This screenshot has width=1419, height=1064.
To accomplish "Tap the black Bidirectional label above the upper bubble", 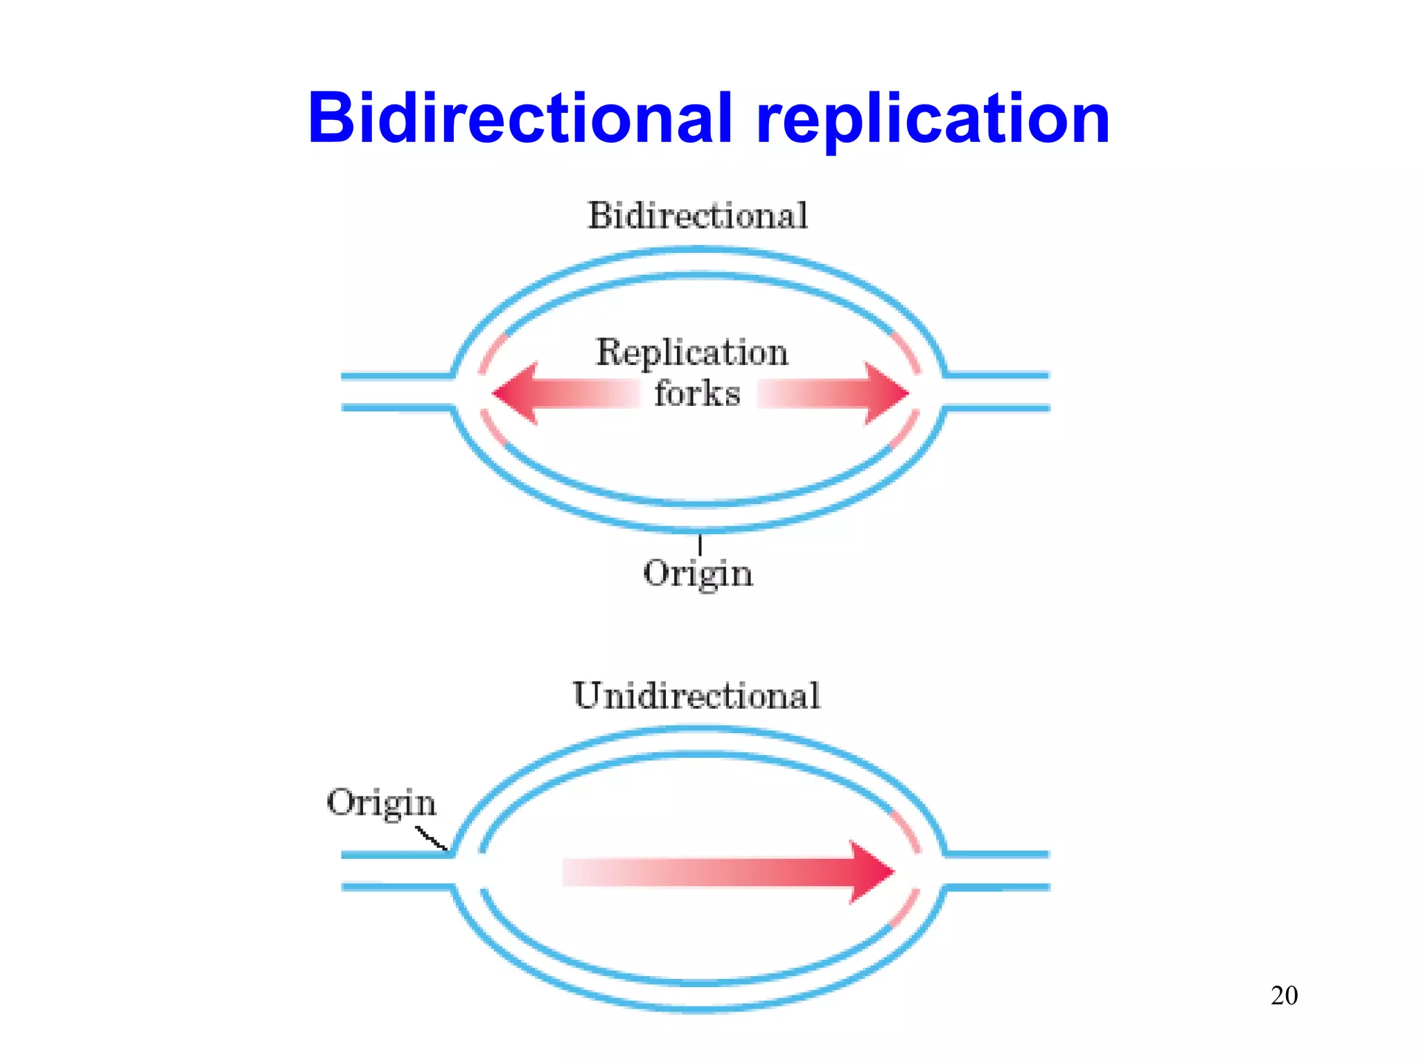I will click(x=698, y=215).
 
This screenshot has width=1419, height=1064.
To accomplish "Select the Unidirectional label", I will click(x=696, y=695).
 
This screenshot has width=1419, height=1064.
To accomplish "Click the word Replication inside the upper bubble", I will click(x=692, y=353).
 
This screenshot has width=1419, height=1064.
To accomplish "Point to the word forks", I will click(x=697, y=393).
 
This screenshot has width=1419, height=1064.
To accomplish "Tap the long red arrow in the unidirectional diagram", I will click(x=728, y=872).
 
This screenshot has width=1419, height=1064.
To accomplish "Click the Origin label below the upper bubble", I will click(x=698, y=574).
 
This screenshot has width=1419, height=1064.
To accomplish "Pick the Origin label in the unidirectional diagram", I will click(x=381, y=804).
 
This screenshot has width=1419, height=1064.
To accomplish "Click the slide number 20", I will click(x=1284, y=995).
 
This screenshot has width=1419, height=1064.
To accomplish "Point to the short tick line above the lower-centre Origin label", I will click(x=700, y=544).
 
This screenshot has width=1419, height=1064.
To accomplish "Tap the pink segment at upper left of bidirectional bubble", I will click(x=491, y=353).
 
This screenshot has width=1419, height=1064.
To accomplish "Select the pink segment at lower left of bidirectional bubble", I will click(x=493, y=428).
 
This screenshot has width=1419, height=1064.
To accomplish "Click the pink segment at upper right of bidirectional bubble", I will click(x=906, y=351).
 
